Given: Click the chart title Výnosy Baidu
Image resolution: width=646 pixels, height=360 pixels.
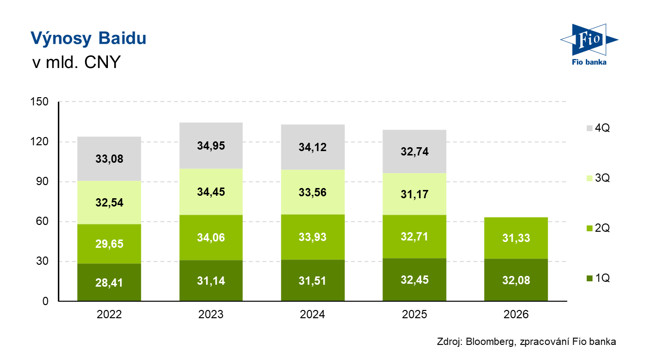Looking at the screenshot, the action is pos(88,38).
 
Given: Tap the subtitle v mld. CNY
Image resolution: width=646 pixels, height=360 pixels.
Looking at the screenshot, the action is pos(76,62).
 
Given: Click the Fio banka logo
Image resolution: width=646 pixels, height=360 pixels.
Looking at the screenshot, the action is pos(589,44).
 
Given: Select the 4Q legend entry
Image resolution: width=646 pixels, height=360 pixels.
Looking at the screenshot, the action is pos(598,128).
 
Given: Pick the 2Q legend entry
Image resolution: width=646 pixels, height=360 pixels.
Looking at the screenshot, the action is pos(598,228).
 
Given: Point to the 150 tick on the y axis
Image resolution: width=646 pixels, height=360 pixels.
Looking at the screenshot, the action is pos(39,102).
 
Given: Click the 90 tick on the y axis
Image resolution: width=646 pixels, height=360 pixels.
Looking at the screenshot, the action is pos(42,181).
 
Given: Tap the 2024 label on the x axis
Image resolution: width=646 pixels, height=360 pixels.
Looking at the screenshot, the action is pos(313,314).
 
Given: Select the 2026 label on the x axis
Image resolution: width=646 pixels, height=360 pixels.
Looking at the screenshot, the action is pos(516,314).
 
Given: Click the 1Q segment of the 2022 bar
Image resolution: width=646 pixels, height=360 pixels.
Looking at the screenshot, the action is pos(109,282).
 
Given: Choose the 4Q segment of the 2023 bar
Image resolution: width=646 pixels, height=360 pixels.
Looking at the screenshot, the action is pos(211,146).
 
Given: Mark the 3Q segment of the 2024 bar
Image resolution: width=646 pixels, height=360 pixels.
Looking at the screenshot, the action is pos(313,192).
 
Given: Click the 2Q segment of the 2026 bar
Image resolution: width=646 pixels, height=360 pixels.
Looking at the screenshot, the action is pos(516,238).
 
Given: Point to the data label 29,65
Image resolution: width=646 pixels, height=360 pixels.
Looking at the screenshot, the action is pos(109,244).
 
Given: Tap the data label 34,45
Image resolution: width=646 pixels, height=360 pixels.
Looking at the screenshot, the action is pos(211,192).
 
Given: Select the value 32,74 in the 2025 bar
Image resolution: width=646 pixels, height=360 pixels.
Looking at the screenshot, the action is pos(415,152).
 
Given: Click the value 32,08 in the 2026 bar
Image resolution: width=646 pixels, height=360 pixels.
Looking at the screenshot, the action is pos(516,280).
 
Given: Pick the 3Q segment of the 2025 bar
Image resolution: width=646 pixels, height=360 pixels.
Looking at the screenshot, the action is pos(415,194).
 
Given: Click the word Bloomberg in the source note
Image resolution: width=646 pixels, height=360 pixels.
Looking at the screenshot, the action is pos(490,342).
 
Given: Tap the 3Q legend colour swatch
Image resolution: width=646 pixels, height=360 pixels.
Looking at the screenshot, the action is pos(590,178).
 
